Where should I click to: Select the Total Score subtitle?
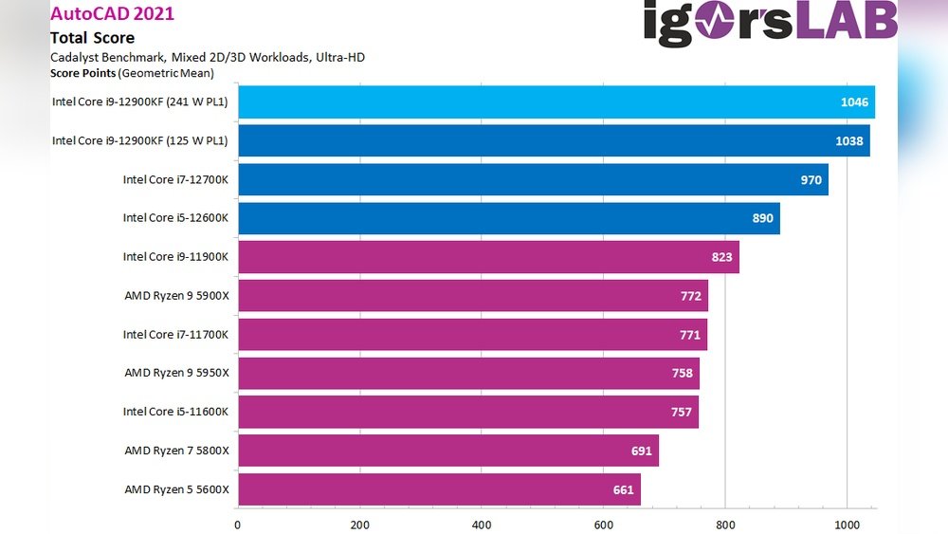click(92, 38)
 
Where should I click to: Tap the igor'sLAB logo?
click(770, 24)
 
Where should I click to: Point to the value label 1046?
click(853, 102)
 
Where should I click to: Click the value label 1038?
click(850, 141)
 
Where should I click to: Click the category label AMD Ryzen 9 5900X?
click(176, 296)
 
